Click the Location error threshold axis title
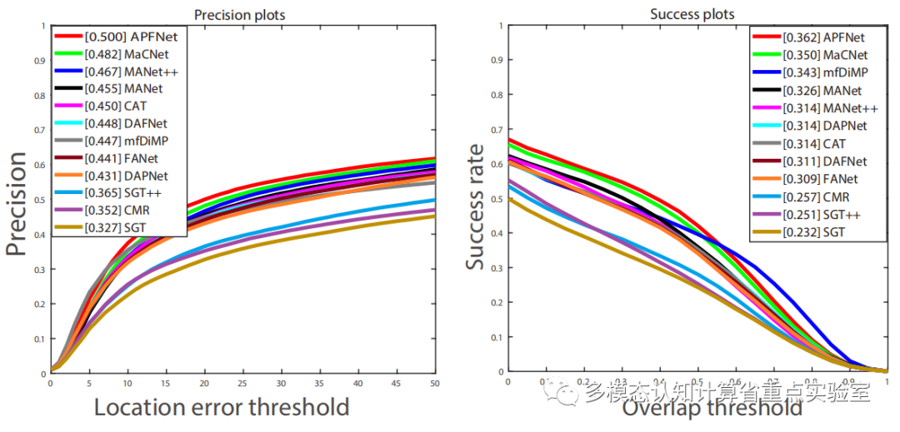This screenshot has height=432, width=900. point(221,407)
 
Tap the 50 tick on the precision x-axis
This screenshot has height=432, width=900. point(433,383)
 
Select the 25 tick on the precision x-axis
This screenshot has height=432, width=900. point(242,383)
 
